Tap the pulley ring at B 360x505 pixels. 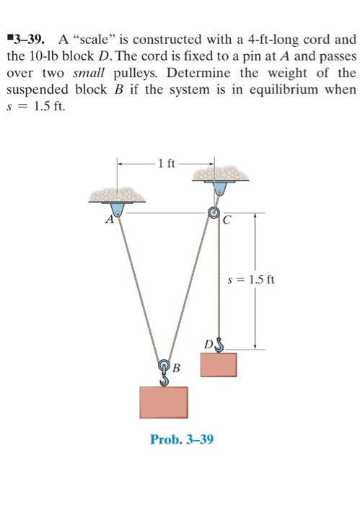tap(164, 366)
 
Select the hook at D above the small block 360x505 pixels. tap(218, 346)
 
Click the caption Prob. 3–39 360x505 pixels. tap(181, 439)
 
